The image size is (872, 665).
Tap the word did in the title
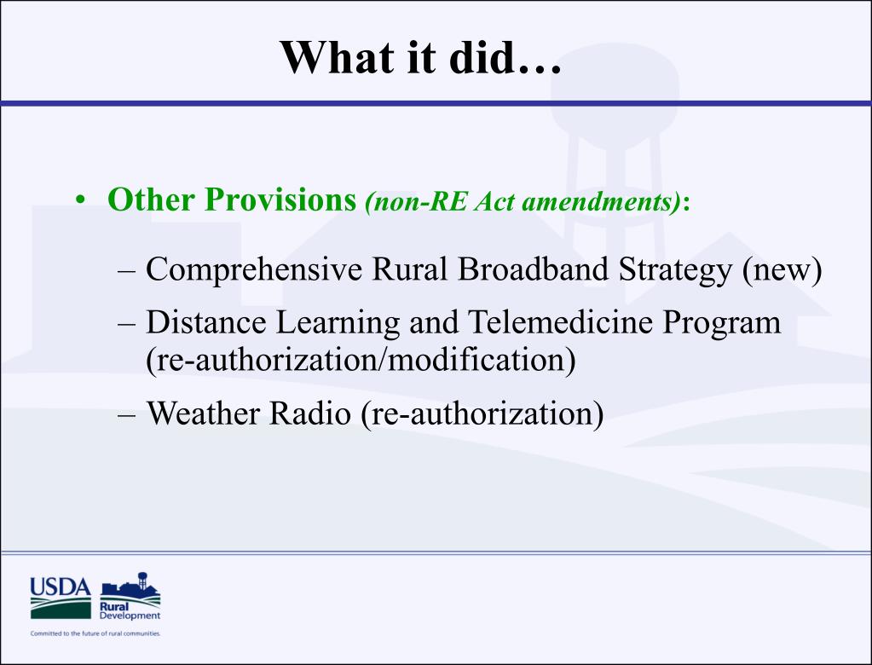pos(481,57)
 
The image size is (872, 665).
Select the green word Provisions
pos(280,199)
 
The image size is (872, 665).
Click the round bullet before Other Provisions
pos(81,199)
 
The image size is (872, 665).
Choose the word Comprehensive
pos(254,269)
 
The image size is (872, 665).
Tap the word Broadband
pos(533,269)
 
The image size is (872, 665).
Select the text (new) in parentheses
pos(782,270)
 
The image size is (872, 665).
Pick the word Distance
pos(205,322)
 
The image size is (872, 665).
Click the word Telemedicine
pos(559,322)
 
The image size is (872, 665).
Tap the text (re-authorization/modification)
pos(361,361)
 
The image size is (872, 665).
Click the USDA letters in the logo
pos(60,587)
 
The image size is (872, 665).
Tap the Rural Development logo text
pos(130,611)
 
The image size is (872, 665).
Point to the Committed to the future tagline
pos(95,633)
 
